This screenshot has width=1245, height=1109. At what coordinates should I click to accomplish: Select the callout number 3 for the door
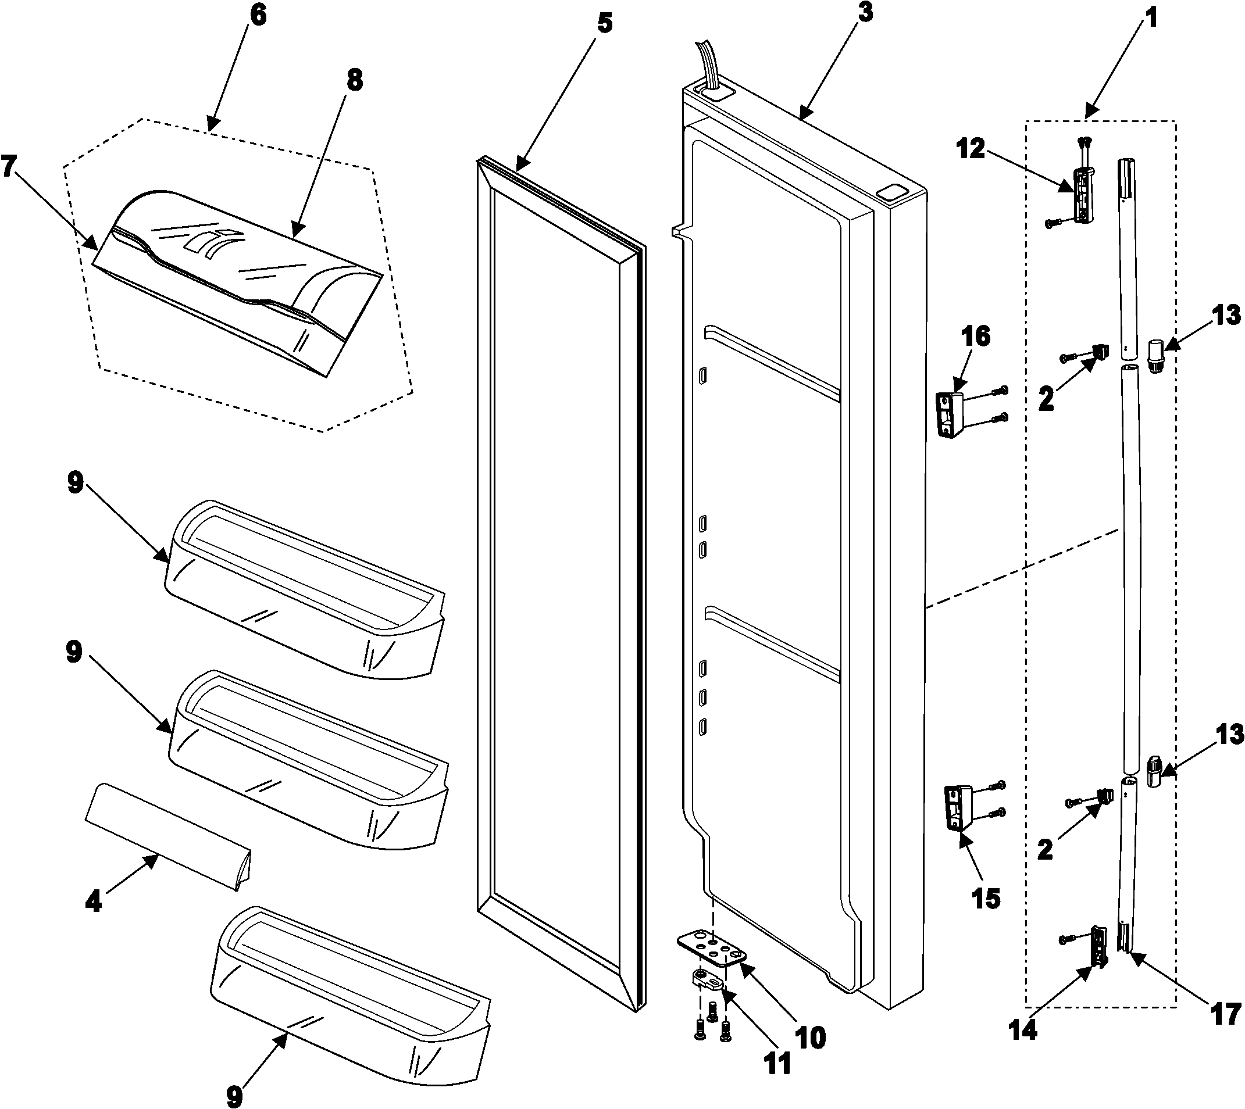pos(865,12)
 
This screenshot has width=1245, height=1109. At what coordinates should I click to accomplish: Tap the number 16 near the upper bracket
pos(976,337)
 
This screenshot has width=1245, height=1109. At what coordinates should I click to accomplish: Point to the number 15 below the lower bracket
pos(986,897)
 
